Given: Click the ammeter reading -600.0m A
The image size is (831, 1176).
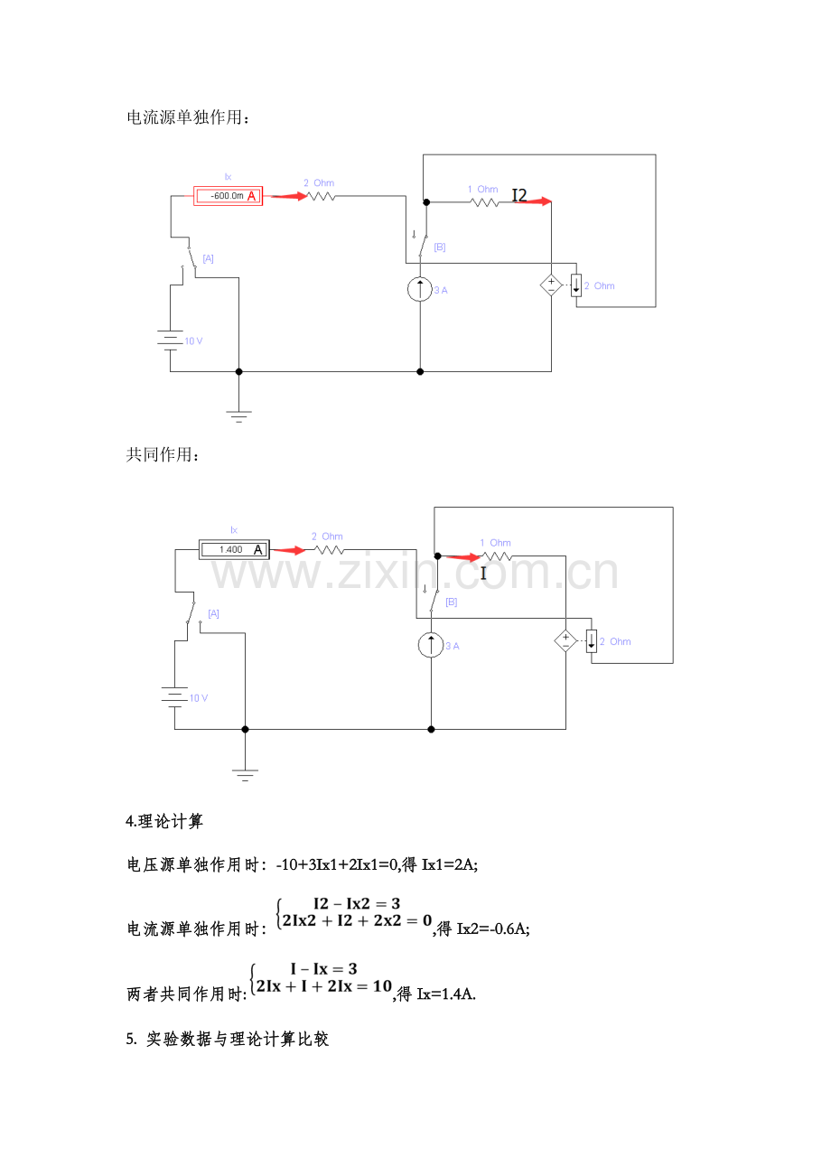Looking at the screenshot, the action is click(x=228, y=196).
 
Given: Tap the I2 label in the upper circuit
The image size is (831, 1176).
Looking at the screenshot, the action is click(x=519, y=195).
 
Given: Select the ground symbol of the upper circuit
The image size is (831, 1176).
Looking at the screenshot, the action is click(x=238, y=416).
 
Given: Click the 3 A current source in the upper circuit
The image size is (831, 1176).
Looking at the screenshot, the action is click(x=420, y=289).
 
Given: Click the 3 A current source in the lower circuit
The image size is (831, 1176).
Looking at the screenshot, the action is click(x=431, y=645).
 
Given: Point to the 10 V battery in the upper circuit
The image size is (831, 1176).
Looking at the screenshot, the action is click(x=170, y=341).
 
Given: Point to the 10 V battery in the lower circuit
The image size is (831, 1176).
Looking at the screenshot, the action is click(x=175, y=697).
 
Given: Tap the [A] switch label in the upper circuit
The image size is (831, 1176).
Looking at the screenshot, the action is click(x=209, y=258).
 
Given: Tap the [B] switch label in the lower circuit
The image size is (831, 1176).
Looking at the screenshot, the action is click(x=452, y=602).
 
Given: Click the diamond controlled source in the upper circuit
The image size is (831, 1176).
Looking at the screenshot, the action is click(x=551, y=285).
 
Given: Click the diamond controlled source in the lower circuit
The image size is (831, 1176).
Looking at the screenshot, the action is click(x=566, y=641).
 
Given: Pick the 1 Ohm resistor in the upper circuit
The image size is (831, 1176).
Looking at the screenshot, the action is click(x=486, y=202).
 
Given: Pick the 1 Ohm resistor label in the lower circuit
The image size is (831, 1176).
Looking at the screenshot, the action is click(x=495, y=543).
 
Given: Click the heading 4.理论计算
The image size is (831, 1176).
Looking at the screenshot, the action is click(x=164, y=822).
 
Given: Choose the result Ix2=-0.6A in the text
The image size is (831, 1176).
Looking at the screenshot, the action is click(x=493, y=929).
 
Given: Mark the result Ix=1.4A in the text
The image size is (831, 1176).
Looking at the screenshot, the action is click(x=446, y=994).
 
